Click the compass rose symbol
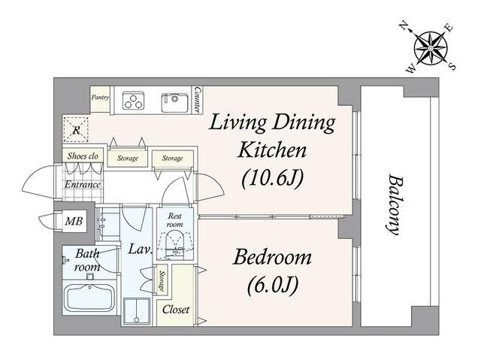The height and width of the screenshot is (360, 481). (x=431, y=48)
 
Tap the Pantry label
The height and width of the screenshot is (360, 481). (x=100, y=97)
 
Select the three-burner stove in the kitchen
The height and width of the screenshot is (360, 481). (x=134, y=100)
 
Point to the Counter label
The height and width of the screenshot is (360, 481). (x=198, y=100)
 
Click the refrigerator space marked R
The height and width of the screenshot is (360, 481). (x=76, y=129)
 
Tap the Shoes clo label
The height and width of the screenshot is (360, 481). (x=83, y=156)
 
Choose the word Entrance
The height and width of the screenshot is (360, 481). (x=82, y=185)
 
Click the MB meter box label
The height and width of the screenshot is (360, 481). (x=74, y=221)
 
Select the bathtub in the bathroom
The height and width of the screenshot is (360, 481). (x=90, y=298)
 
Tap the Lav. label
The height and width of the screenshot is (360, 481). (x=141, y=249)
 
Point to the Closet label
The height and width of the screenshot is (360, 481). (x=176, y=310)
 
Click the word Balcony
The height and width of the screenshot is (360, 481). (x=395, y=204)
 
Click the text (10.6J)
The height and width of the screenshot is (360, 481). (x=272, y=179)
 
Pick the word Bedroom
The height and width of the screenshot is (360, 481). (x=272, y=257)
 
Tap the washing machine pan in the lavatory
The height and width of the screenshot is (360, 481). (x=137, y=311)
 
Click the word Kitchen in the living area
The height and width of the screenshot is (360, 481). (x=272, y=150)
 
